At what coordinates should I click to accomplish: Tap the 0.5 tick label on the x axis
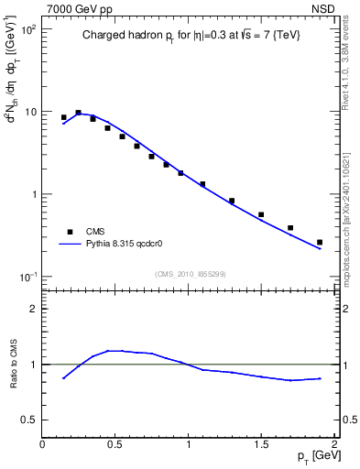coord(115,443)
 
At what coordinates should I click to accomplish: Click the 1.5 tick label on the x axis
coord(261,443)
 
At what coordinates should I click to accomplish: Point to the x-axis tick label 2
coord(334,443)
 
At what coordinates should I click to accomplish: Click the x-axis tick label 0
coord(42,443)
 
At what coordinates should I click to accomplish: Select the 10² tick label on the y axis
coord(27,29)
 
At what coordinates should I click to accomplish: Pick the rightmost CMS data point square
coord(319,242)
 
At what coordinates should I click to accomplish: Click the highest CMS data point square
coord(78,113)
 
